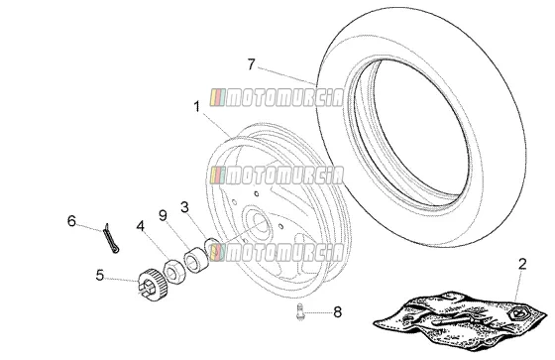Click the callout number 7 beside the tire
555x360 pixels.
[251, 64]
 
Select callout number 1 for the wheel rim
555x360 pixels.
[197, 107]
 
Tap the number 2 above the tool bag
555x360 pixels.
[522, 264]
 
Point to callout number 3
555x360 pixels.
[184, 207]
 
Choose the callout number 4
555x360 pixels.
[141, 226]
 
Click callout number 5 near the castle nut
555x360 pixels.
[100, 275]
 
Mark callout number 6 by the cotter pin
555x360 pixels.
[71, 221]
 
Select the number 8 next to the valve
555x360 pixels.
[337, 312]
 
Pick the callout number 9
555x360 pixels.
[163, 215]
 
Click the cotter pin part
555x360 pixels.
[111, 238]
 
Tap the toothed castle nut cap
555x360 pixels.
[149, 285]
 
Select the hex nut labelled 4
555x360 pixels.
[174, 272]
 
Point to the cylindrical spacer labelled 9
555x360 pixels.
[195, 260]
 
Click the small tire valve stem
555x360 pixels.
[300, 311]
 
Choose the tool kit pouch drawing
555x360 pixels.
[461, 320]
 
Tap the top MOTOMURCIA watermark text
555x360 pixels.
[277, 97]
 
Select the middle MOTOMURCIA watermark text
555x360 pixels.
[277, 175]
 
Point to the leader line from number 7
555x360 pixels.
[286, 75]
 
